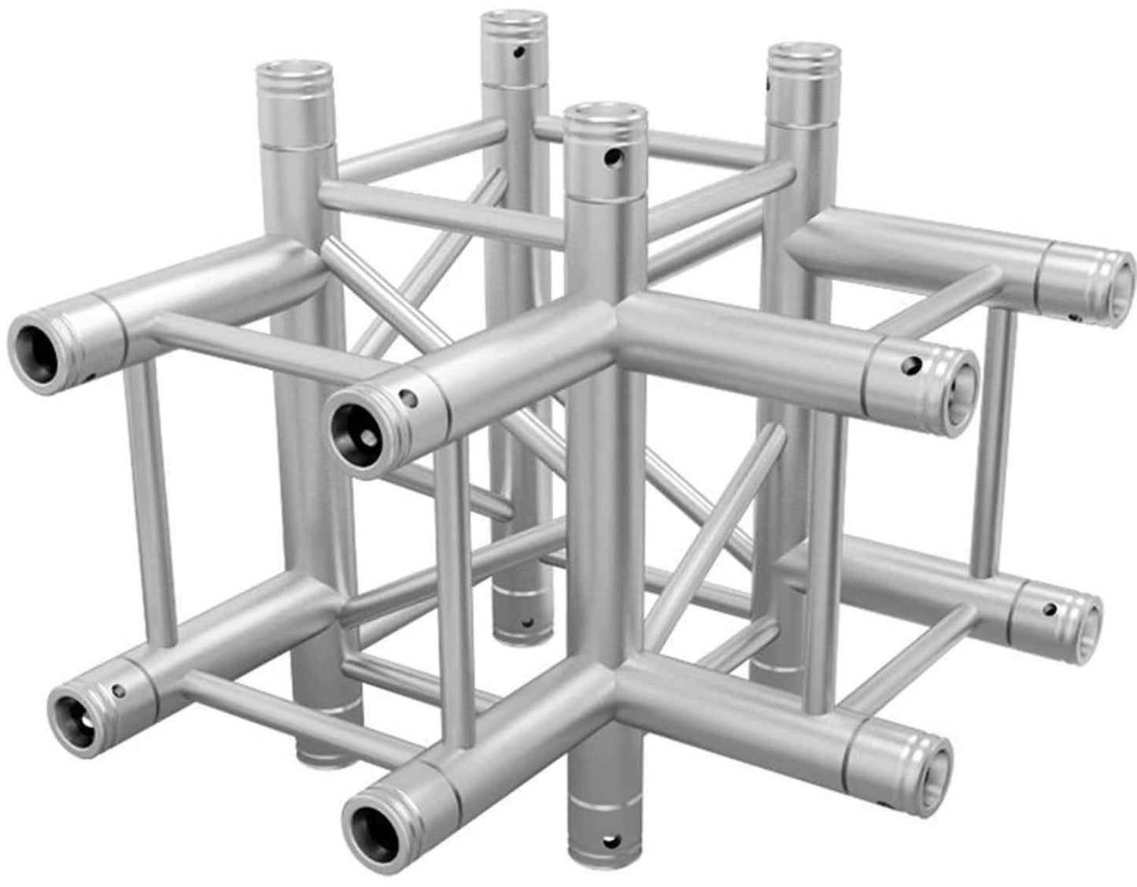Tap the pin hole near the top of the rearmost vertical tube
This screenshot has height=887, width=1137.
click(x=517, y=54)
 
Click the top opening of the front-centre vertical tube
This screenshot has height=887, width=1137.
click(x=607, y=116)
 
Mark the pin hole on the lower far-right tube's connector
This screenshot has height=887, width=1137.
click(x=1050, y=608)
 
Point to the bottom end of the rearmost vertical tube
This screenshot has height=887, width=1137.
click(x=523, y=626)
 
